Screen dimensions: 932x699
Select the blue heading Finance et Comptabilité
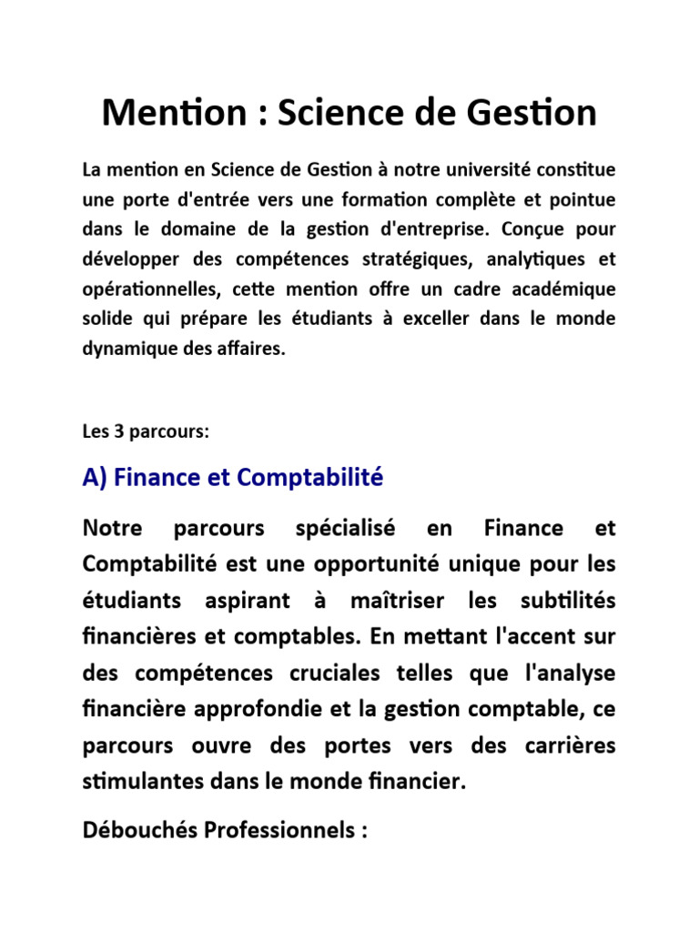pyautogui.click(x=233, y=477)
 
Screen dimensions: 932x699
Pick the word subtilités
pyautogui.click(x=567, y=602)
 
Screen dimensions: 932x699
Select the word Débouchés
pyautogui.click(x=133, y=831)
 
